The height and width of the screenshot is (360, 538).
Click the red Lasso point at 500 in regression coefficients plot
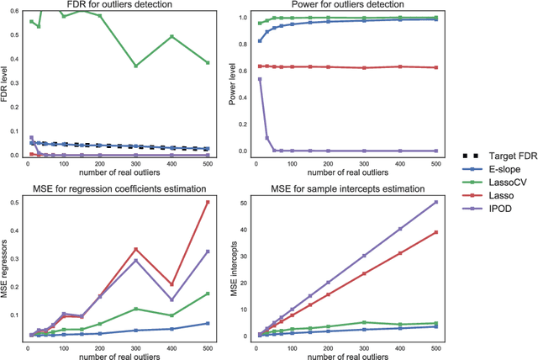[x=208, y=202]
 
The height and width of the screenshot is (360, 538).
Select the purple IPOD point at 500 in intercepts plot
[x=435, y=202]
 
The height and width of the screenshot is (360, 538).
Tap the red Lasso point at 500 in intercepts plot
[x=435, y=233]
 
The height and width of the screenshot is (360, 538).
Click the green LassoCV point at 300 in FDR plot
[x=135, y=66]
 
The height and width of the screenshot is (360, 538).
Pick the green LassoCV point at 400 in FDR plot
[x=171, y=36]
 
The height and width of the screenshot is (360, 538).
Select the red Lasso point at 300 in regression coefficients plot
[x=135, y=249]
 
